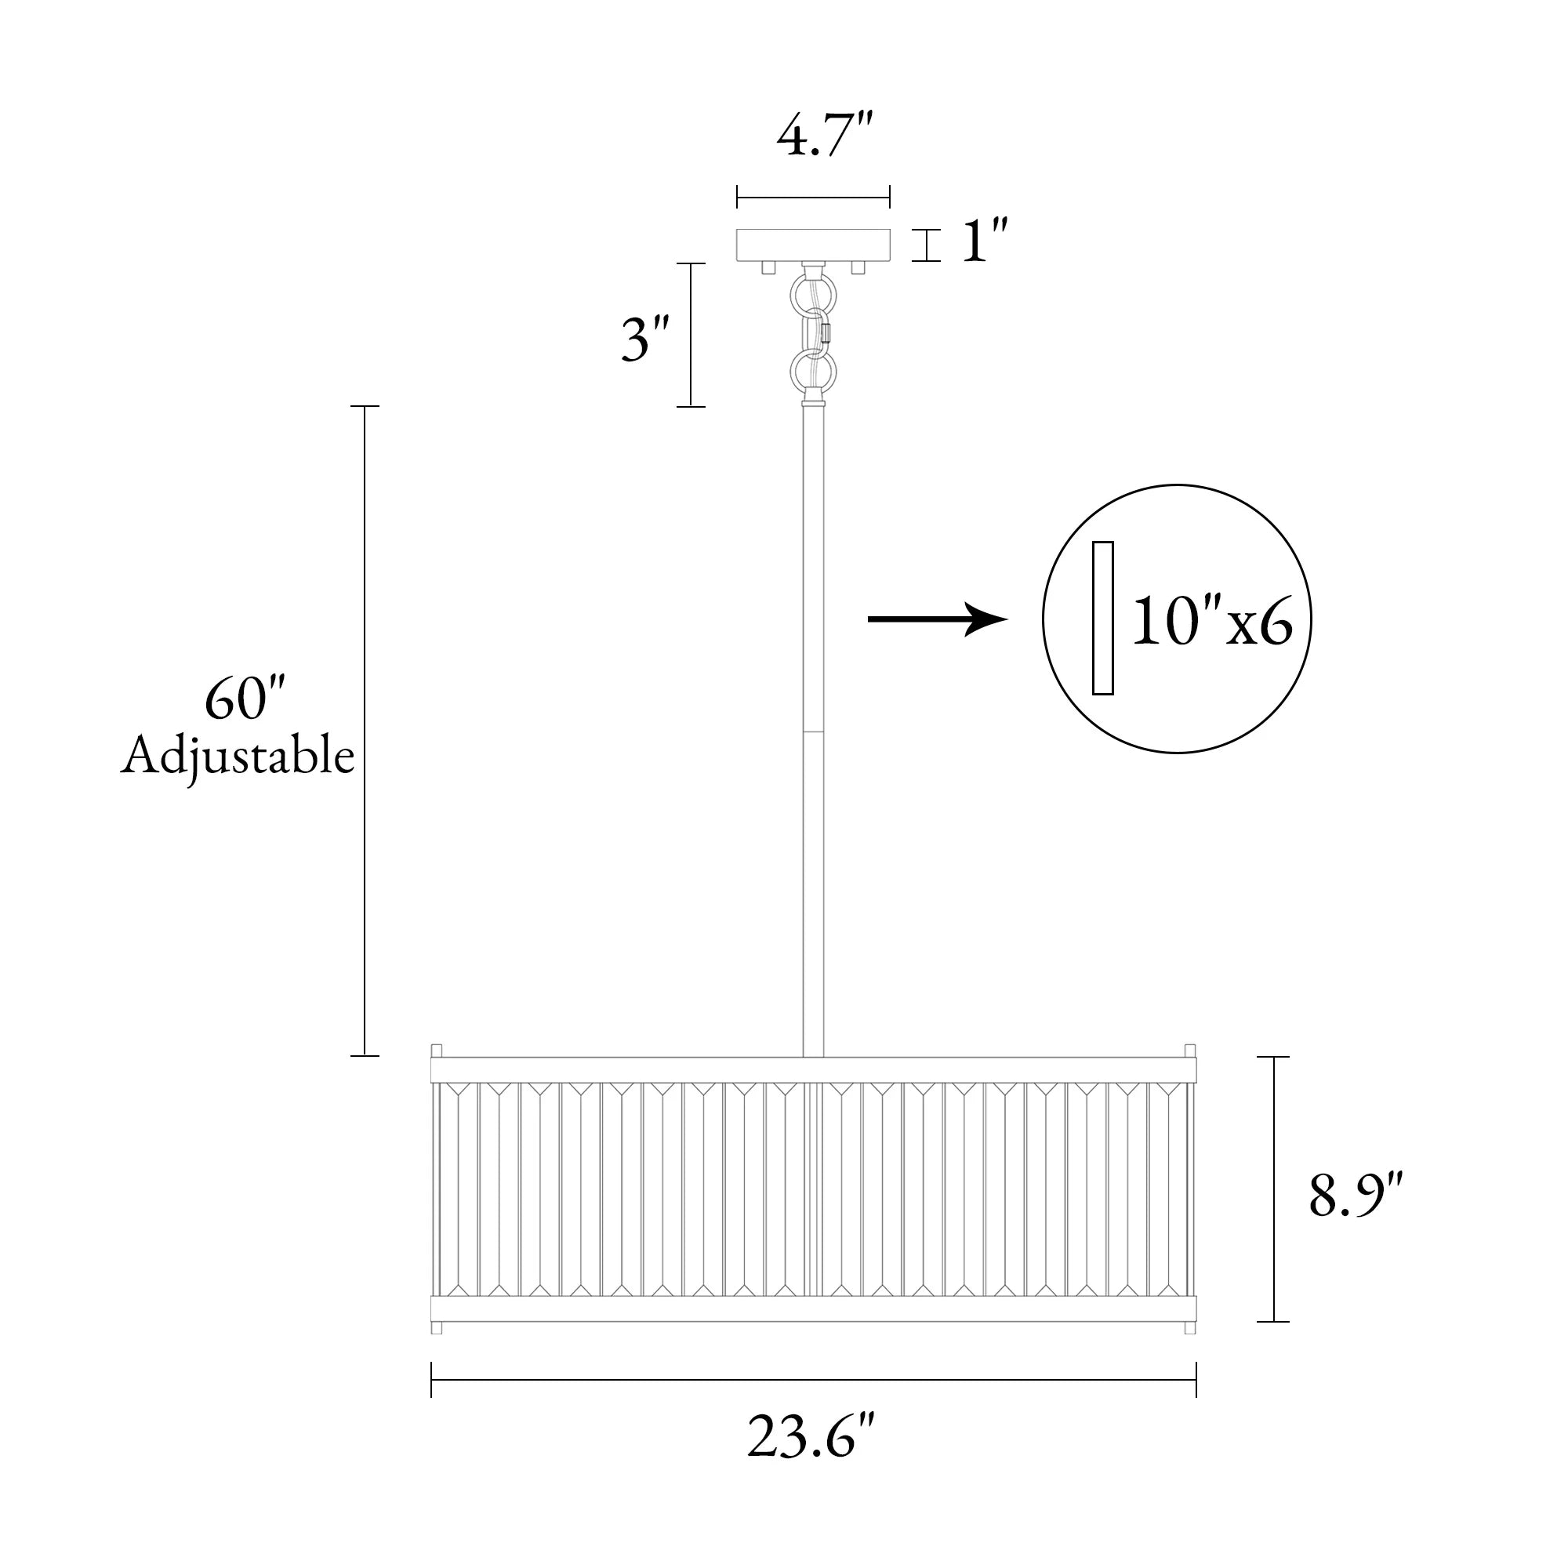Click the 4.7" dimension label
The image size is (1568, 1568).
(x=825, y=139)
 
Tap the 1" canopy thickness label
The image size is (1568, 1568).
(x=985, y=241)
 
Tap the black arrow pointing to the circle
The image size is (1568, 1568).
(x=938, y=619)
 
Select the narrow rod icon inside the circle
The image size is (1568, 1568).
(x=1102, y=618)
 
